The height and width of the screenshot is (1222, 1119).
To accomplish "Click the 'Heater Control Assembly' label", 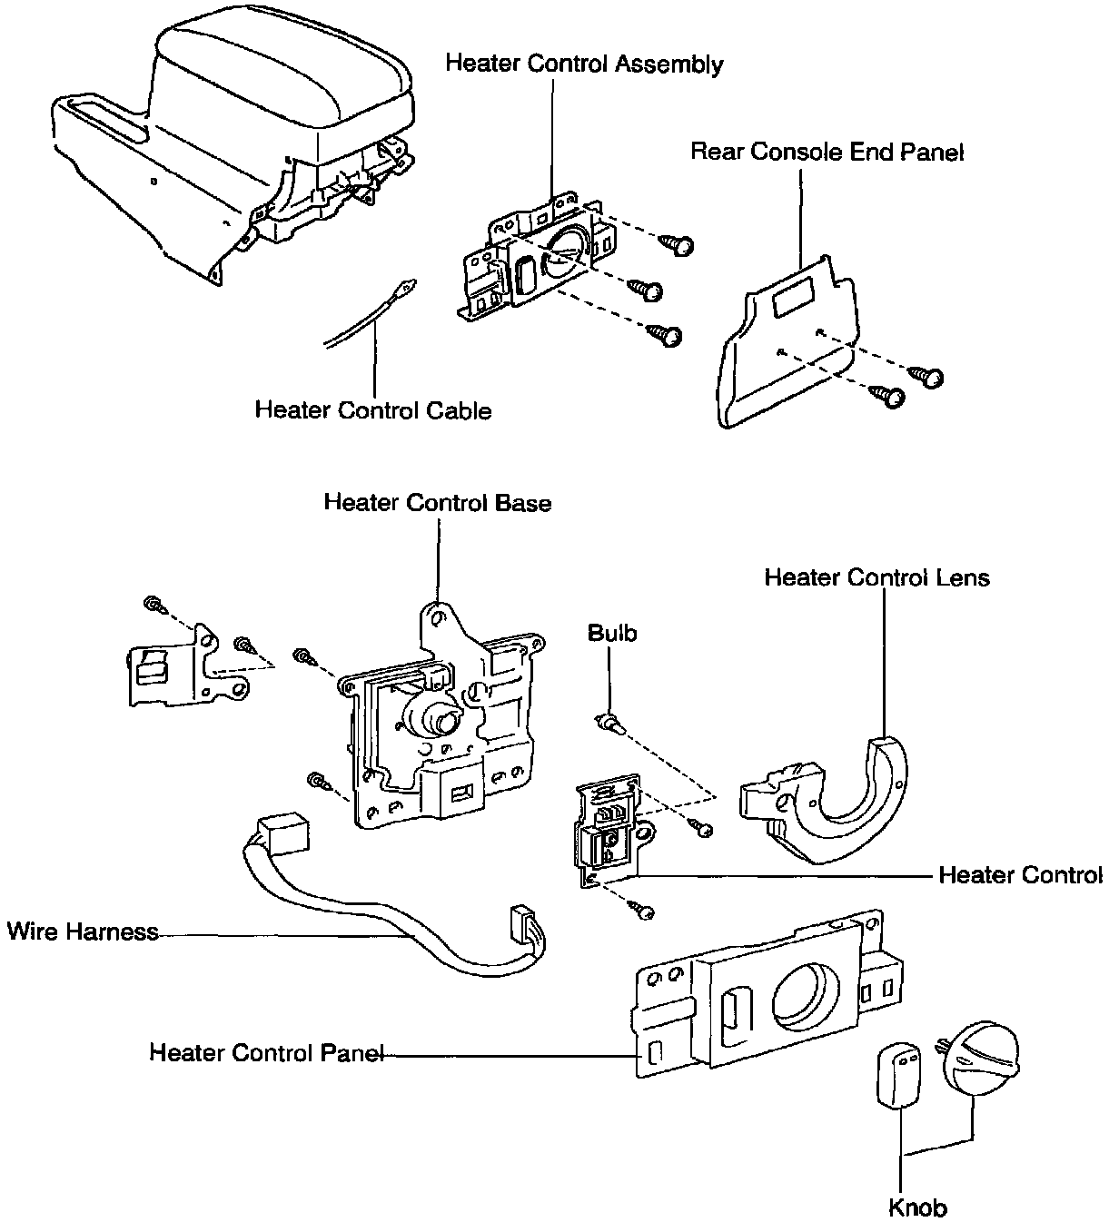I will tap(584, 64).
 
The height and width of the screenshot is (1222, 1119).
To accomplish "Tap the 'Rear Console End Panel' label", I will tap(827, 152).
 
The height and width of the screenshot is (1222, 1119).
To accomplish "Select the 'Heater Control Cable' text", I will tap(372, 410).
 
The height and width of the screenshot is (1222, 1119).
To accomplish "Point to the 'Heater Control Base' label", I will tap(437, 502).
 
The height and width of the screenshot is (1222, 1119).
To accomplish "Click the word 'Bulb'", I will tap(612, 633).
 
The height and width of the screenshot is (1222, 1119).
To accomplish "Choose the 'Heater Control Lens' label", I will tap(876, 577).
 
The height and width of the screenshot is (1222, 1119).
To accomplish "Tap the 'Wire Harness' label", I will tap(82, 931).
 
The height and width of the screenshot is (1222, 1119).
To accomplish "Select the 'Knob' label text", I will tap(917, 1207).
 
